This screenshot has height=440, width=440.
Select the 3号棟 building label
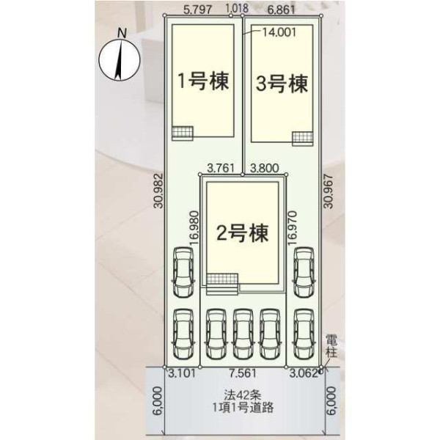[282, 84]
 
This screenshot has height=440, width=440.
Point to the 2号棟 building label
[243, 232]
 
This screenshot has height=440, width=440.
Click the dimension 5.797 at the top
[197, 10]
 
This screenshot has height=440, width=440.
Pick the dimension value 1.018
[237, 8]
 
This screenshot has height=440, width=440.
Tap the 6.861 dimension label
[281, 10]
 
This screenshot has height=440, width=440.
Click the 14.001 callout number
[279, 32]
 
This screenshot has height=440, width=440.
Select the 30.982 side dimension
[159, 190]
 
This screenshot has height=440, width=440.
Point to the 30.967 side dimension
[328, 191]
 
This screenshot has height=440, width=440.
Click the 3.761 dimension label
[220, 168]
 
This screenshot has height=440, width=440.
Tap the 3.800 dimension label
[264, 168]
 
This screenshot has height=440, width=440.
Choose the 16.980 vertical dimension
[194, 228]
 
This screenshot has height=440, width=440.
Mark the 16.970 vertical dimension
[292, 228]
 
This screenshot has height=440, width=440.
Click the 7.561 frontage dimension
[243, 373]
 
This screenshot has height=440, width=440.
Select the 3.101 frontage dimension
[182, 373]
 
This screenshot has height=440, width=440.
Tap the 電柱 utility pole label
[331, 347]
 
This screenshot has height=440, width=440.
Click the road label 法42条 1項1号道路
[243, 401]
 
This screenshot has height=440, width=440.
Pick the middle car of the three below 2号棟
[243, 334]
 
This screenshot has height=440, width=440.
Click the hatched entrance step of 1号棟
[183, 133]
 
